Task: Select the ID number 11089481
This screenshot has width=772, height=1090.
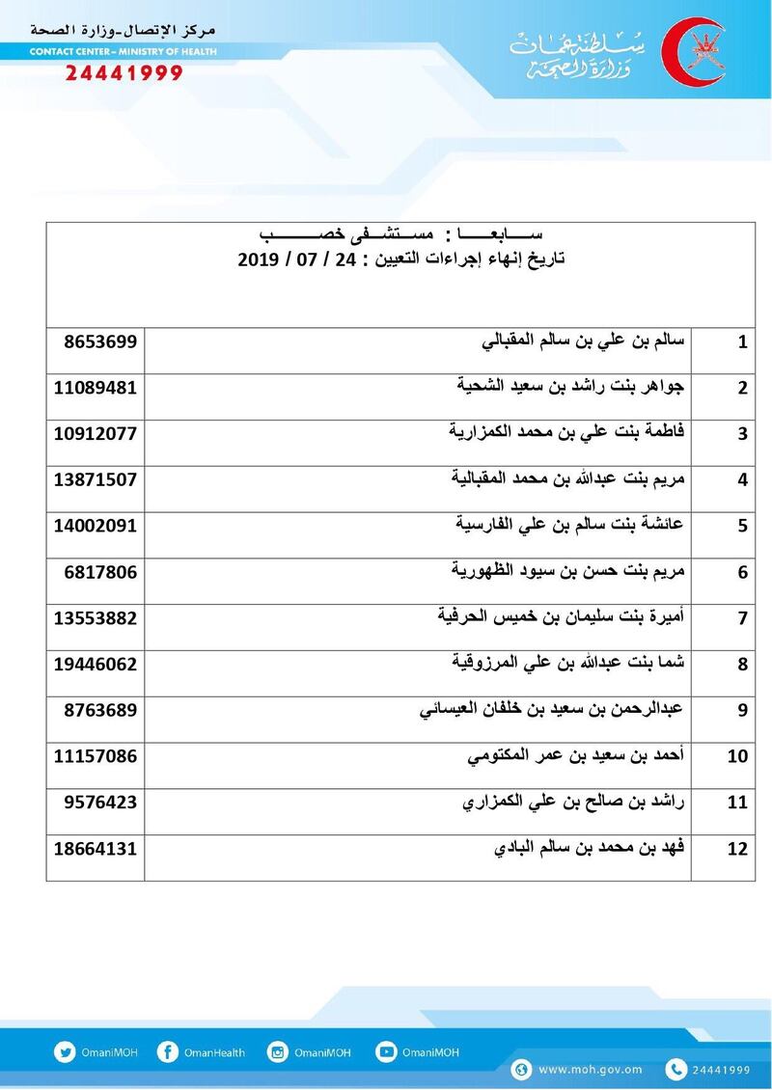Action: pos(94,388)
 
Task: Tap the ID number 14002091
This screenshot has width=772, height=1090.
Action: pos(94,526)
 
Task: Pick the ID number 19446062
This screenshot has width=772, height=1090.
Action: pos(94,665)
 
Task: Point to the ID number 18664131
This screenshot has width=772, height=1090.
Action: pos(94,849)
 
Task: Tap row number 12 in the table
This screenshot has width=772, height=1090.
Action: pos(739,850)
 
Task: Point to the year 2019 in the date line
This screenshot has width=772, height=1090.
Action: pos(258,260)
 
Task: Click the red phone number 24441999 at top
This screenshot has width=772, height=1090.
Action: pos(123,74)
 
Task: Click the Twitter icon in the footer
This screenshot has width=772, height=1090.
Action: pos(66,1052)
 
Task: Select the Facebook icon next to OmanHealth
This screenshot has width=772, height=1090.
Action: pos(167,1052)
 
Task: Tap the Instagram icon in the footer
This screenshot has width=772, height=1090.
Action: pos(278,1052)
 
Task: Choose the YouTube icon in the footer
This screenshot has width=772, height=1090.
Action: pos(386,1052)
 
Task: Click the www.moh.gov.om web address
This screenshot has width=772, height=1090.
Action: pos(590,1070)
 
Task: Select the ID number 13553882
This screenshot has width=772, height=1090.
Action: pos(94,618)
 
